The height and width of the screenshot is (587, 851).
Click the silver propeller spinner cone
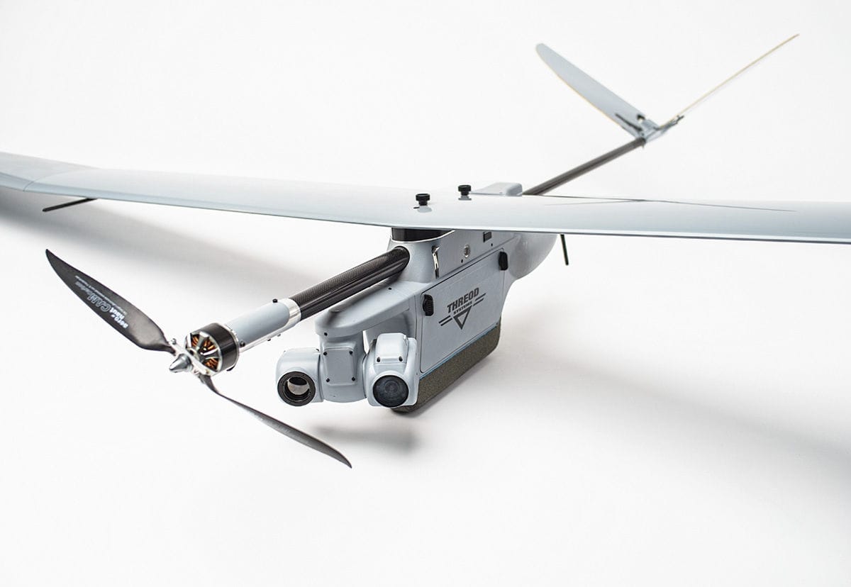[179, 363]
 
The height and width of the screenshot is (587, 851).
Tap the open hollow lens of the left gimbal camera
[296, 387]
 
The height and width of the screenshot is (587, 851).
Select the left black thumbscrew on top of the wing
[423, 199]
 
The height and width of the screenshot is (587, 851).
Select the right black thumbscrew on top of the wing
[465, 190]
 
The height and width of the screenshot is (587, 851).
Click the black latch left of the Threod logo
[428, 304]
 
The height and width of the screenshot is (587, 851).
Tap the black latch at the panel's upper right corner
[503, 260]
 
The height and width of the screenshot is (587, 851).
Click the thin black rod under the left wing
[68, 205]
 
